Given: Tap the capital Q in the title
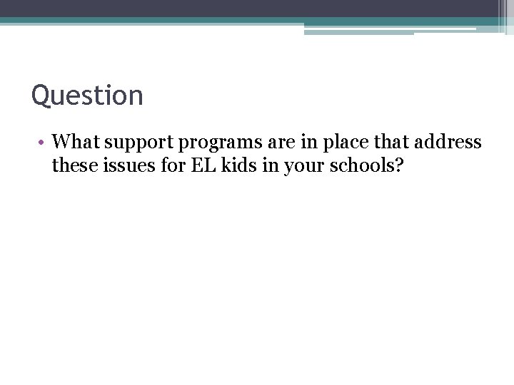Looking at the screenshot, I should tap(41, 96).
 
